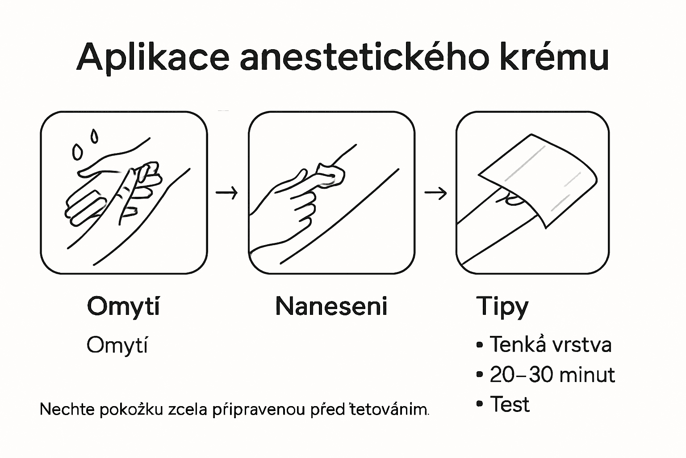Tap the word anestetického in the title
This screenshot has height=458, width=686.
364,57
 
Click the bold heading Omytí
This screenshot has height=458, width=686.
123,307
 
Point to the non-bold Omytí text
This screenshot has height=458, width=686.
117,345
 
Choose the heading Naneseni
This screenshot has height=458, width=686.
331,306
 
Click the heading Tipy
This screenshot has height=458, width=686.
502,307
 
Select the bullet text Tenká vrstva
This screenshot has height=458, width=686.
550,344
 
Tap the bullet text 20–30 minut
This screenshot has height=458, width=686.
552,374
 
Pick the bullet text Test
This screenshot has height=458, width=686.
510,404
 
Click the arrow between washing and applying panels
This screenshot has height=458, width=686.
226,193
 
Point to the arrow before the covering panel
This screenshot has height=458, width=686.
435,193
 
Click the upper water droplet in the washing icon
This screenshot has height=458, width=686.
94,136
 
